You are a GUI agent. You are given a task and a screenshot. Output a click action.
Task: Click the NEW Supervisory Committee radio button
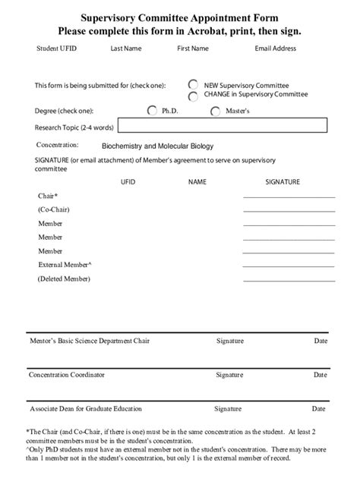[194, 85]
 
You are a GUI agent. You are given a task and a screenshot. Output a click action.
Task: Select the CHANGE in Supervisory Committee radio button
[194, 96]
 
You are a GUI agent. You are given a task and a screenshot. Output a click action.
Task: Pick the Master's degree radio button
[216, 111]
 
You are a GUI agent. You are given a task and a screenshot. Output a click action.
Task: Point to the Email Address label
[276, 49]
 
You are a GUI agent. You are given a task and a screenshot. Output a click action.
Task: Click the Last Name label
[126, 49]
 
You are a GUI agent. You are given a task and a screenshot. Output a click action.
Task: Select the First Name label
[193, 49]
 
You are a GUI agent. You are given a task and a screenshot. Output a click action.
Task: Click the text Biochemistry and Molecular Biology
[147, 145]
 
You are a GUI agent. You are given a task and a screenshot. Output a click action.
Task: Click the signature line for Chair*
[289, 197]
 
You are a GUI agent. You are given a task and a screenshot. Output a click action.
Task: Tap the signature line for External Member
[289, 266]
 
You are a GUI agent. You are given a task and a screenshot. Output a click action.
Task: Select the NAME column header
[197, 182]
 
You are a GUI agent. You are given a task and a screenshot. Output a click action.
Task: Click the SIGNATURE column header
[283, 182]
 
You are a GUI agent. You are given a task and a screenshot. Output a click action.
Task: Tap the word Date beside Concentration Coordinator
[321, 375]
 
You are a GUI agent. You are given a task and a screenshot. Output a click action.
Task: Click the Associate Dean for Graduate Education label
[86, 409]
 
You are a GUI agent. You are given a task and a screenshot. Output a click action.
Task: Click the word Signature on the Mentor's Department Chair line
[229, 341]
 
